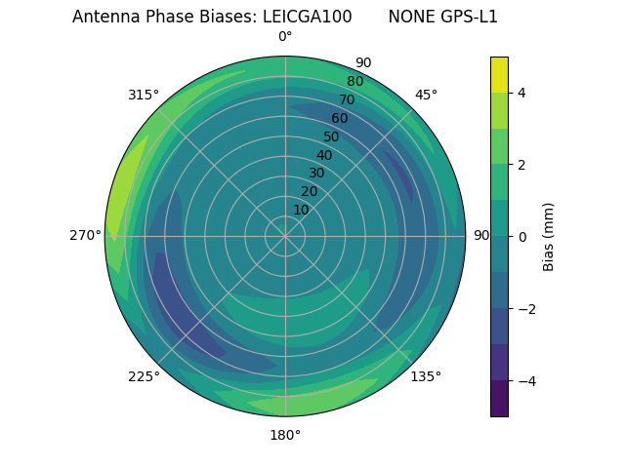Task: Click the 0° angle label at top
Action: click(285, 37)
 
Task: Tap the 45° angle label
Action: click(426, 95)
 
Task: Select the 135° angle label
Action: click(426, 376)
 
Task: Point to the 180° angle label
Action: click(285, 435)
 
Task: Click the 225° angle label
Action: click(144, 376)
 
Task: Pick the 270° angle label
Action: click(86, 236)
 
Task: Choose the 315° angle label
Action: click(144, 95)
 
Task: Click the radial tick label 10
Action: click(301, 210)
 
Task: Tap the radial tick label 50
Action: click(331, 136)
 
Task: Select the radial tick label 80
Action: click(354, 81)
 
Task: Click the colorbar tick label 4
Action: click(522, 93)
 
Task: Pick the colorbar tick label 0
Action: click(522, 237)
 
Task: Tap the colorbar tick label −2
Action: click(525, 309)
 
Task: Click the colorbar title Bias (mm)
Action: click(549, 237)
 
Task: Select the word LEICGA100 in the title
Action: click(307, 18)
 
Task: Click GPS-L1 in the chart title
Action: click(471, 18)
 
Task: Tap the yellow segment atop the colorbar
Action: click(499, 74)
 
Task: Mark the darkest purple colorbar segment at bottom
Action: click(499, 399)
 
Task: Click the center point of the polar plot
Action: click(285, 236)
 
